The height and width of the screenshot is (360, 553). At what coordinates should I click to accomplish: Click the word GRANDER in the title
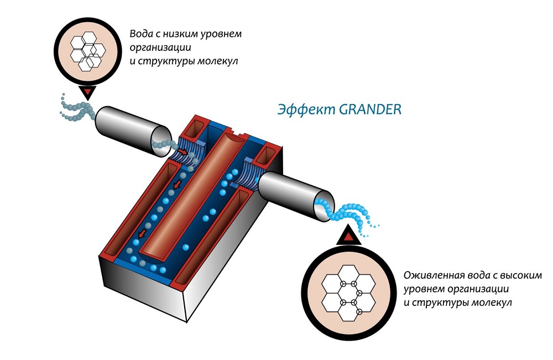pyautogui.click(x=370, y=109)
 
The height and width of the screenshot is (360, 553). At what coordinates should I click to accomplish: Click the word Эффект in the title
pyautogui.click(x=306, y=109)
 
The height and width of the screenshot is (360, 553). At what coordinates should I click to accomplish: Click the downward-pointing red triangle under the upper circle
pyautogui.click(x=88, y=93)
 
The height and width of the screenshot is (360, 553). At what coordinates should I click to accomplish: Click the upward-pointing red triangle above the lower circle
pyautogui.click(x=348, y=237)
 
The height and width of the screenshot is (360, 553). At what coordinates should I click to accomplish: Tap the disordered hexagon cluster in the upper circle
pyautogui.click(x=88, y=51)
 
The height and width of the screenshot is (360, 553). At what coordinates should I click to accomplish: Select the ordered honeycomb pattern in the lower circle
pyautogui.click(x=348, y=293)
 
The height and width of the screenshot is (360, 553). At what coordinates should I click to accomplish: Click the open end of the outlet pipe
pyautogui.click(x=324, y=206)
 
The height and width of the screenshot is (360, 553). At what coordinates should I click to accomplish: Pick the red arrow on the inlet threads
pyautogui.click(x=182, y=152)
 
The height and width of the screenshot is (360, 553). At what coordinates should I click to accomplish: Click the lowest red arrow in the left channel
pyautogui.click(x=142, y=233)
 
